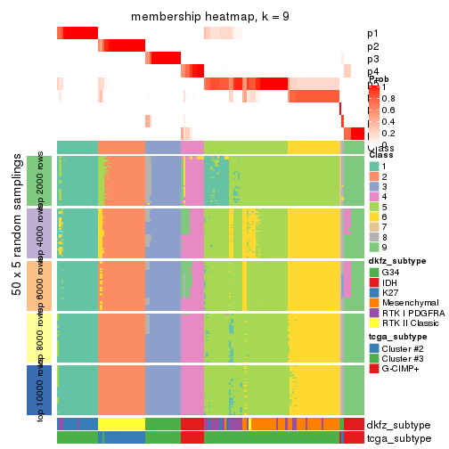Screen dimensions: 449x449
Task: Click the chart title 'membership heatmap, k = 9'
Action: click(210, 17)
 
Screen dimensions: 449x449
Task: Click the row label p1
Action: click(372, 34)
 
